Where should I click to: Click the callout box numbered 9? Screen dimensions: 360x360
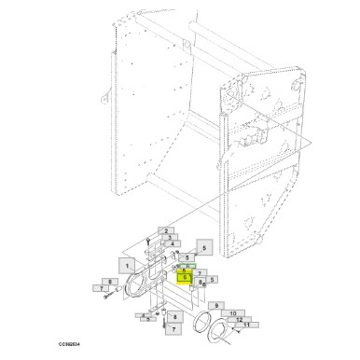tap(215, 305)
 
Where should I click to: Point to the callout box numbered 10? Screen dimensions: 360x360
tap(228, 313)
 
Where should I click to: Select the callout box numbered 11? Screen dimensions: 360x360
tap(247, 325)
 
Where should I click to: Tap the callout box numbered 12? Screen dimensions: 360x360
tap(240, 319)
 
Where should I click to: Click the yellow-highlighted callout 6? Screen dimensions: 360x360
tap(185, 277)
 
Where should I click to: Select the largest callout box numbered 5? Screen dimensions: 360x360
tap(203, 248)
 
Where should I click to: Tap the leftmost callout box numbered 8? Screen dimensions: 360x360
tap(110, 281)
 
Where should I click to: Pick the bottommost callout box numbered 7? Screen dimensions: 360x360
tap(173, 328)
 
